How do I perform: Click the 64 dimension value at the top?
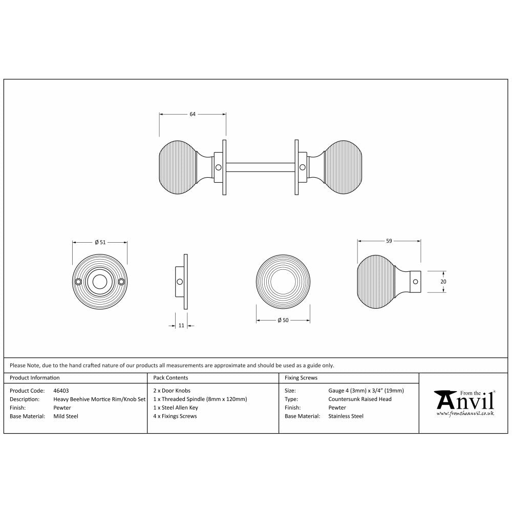(x=193, y=114)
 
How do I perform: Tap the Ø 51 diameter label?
(x=100, y=242)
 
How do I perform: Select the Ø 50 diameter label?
(x=283, y=321)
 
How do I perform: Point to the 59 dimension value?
(x=389, y=241)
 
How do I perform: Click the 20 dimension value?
(x=443, y=281)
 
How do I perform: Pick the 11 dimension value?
(x=181, y=325)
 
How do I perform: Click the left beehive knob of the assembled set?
(x=179, y=167)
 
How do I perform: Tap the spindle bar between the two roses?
(x=260, y=167)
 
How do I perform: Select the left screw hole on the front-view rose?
(x=78, y=282)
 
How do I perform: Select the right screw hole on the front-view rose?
(x=121, y=282)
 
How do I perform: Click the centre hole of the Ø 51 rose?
(x=100, y=282)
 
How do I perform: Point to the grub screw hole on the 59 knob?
(x=415, y=281)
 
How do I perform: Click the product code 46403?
(x=61, y=390)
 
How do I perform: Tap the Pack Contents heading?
(x=170, y=378)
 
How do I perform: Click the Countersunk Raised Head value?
(x=360, y=399)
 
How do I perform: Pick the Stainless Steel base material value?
(x=346, y=416)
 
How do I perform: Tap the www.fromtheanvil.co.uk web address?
(x=465, y=413)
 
